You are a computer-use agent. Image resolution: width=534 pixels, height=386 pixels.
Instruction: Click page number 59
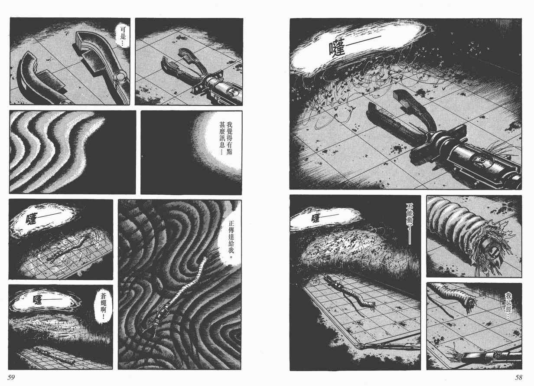[x=11, y=377]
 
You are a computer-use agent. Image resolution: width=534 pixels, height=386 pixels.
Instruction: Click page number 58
[x=519, y=377]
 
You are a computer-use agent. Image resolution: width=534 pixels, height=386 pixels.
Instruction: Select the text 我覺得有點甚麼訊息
[x=226, y=138]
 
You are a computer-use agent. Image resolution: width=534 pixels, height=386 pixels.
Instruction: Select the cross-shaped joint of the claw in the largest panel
[x=438, y=142]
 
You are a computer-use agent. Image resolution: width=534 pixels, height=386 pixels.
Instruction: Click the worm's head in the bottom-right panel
[x=470, y=303]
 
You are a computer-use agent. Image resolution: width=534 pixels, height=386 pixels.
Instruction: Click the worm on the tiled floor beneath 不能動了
[x=350, y=294]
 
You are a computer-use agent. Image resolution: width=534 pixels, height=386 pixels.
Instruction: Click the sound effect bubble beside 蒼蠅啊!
[x=44, y=300]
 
